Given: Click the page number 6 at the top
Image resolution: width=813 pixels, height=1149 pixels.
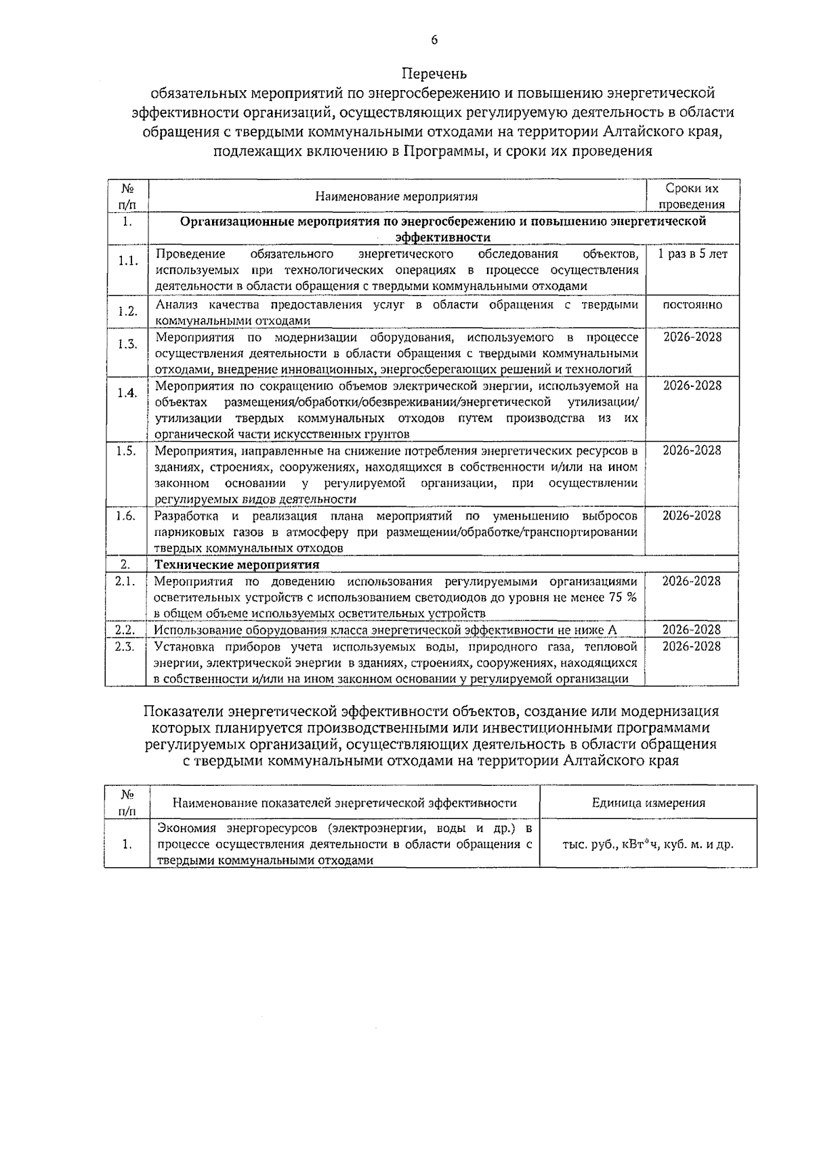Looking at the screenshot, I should [x=434, y=40].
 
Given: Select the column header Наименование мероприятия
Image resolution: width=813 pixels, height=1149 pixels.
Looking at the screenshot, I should [x=396, y=196].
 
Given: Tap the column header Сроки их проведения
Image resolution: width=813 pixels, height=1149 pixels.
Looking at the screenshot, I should [x=692, y=196].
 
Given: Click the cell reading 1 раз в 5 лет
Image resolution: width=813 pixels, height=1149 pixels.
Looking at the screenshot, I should [x=692, y=254].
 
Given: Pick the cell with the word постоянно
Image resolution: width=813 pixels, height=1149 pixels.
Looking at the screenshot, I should [x=692, y=305].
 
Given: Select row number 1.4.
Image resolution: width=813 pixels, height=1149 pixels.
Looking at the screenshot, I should [x=127, y=394].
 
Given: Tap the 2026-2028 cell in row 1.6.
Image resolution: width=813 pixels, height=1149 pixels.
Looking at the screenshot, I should [x=692, y=516].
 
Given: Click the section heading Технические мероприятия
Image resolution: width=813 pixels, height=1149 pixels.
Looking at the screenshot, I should [x=237, y=564].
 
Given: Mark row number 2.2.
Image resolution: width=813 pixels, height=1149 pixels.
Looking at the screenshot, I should [x=125, y=630].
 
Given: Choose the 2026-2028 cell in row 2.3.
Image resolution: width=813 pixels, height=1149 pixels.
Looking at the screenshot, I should [x=692, y=646].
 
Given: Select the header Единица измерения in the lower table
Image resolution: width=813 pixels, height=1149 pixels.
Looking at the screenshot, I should [x=648, y=803].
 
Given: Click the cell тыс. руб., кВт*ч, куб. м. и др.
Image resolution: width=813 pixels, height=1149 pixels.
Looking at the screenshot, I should [x=648, y=845].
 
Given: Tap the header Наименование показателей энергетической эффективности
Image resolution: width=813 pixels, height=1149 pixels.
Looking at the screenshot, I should [x=344, y=803].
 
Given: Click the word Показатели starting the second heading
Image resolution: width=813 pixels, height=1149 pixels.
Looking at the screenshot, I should [x=183, y=711].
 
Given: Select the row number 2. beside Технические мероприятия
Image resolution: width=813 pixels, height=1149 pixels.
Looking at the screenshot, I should [x=125, y=564].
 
